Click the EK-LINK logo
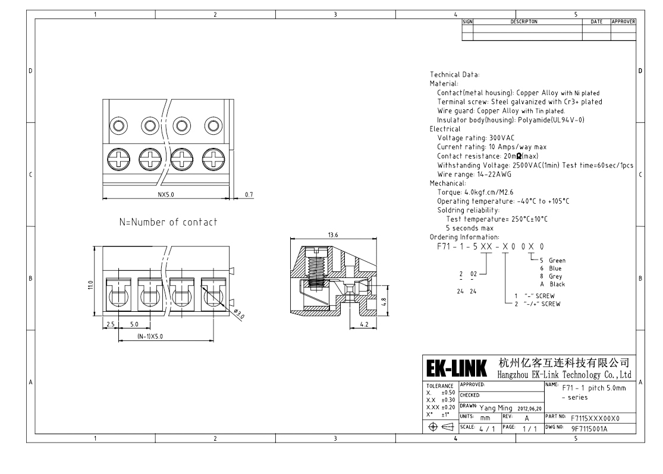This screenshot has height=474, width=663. pyautogui.click(x=457, y=368)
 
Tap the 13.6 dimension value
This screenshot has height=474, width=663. pyautogui.click(x=333, y=235)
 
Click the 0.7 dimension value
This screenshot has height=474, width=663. pyautogui.click(x=249, y=194)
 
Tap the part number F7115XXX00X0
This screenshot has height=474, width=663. pyautogui.click(x=586, y=418)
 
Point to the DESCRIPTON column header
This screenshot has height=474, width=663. pyautogui.click(x=524, y=21)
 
